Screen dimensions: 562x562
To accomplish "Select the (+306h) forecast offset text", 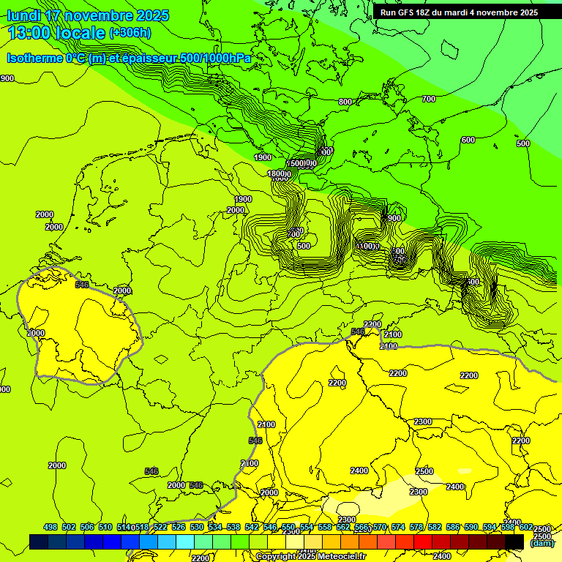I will coord(130,33).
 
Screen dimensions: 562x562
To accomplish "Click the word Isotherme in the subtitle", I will coord(34,59).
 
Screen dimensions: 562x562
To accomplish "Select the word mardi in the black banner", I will coord(467,12).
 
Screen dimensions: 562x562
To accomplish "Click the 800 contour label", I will coord(345,102).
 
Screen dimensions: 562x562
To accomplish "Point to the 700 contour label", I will coord(429,99).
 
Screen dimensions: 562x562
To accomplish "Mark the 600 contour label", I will coord(468,140).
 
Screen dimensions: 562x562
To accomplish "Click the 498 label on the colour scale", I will coord(50,527).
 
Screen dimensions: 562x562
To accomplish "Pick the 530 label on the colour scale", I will coord(197,527).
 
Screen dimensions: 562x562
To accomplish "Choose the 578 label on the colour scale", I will coord(416,527).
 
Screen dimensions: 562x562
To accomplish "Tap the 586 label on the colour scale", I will coord(453,527).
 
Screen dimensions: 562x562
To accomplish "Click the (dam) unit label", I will coord(542,543).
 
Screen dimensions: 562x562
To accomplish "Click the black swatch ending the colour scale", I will coord(514,542).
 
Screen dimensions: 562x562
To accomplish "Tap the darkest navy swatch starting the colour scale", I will coord(39,542).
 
